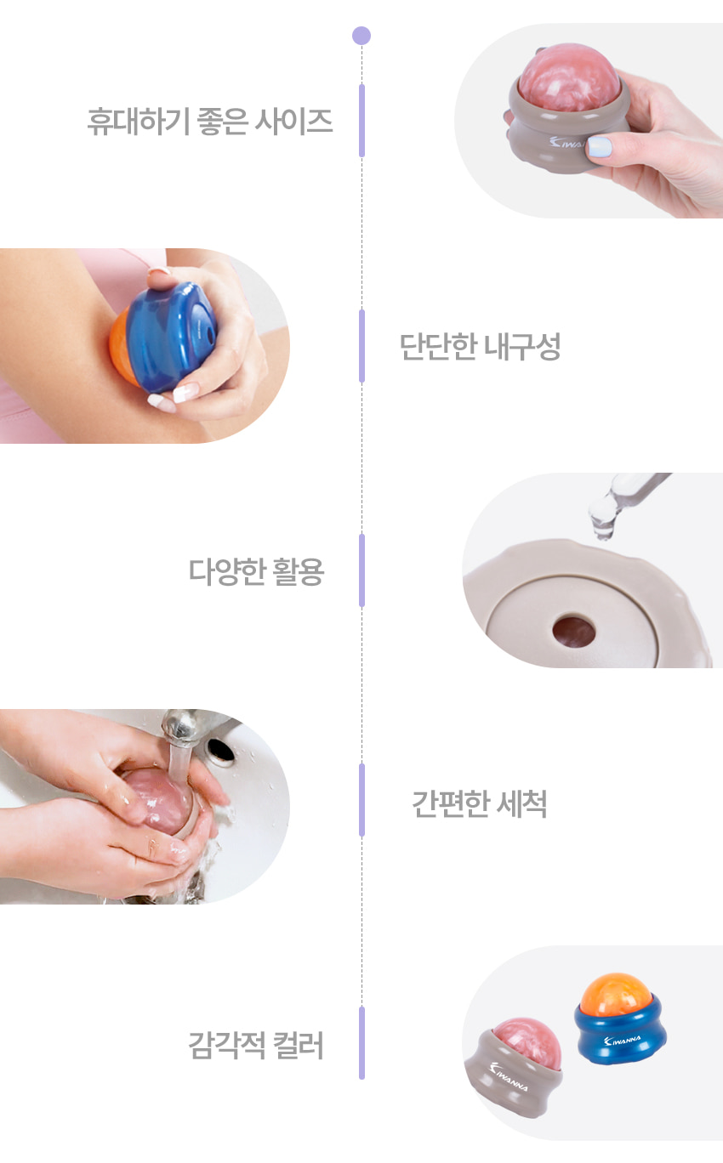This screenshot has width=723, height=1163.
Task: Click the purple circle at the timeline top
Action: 361,36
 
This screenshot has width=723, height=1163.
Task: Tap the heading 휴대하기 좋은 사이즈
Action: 210,122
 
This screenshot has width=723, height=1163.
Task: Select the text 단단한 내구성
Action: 480,346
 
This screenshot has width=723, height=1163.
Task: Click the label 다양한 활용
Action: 256,571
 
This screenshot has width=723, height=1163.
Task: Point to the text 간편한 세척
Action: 480,804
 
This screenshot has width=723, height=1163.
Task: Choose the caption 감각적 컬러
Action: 256,1045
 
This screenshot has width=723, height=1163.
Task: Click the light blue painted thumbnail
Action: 600,146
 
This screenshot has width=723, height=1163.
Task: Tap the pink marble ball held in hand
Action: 569,78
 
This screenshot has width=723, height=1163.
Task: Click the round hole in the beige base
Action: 573,632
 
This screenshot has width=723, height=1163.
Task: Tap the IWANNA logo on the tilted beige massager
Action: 509,1077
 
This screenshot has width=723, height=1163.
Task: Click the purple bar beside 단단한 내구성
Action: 362,346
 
